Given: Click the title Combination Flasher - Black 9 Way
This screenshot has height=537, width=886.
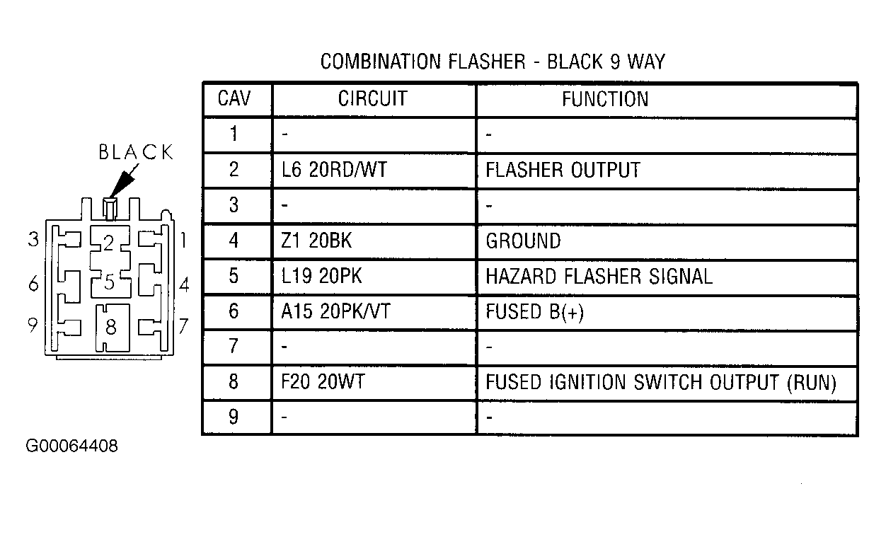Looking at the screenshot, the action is [493, 62].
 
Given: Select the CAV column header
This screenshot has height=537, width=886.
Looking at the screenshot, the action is [234, 98].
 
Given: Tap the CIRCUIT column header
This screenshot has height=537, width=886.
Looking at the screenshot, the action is [372, 98].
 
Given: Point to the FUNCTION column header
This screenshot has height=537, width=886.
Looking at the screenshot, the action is [605, 99].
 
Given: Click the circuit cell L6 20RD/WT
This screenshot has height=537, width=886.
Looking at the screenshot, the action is [334, 170].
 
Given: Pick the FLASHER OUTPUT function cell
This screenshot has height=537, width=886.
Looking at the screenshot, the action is [563, 170].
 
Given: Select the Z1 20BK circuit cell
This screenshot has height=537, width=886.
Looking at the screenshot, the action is [316, 241].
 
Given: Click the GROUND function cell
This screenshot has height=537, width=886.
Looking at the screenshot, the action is [523, 241].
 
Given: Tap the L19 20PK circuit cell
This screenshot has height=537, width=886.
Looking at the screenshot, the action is [321, 276].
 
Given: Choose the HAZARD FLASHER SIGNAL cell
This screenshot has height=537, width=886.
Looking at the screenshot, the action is [599, 276].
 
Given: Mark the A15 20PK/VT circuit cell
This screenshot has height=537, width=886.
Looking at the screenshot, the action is [335, 311].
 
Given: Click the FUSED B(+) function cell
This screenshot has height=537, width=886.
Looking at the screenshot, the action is [534, 312].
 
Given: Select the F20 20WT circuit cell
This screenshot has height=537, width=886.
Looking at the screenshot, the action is [323, 381].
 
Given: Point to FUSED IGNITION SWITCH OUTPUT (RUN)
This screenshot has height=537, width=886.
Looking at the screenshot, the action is [660, 382].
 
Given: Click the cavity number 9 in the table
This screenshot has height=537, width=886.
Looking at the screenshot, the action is [234, 417].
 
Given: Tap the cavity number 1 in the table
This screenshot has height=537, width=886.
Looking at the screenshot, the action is [234, 134].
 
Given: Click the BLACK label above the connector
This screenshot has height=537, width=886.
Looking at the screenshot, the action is [136, 152].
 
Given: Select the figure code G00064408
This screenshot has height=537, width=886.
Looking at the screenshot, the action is [71, 446].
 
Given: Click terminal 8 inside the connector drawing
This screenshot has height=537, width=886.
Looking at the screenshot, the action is [111, 327].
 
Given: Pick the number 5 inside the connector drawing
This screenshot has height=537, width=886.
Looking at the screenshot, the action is [110, 282].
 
